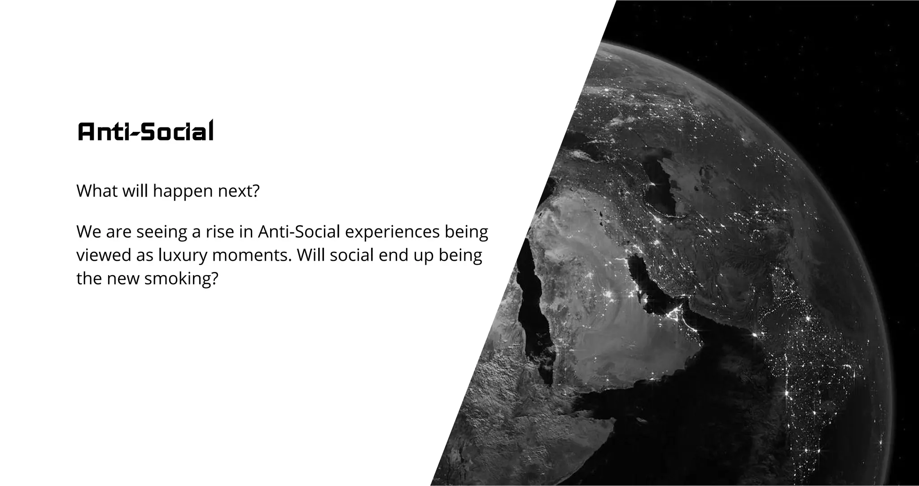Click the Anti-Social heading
coord(145,131)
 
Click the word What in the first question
coord(96,191)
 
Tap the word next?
coord(239,191)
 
